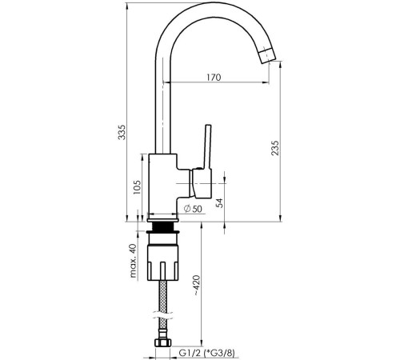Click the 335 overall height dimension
[x=122, y=132]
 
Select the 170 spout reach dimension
[x=214, y=78]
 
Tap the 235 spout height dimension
[x=275, y=148]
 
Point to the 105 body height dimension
[x=137, y=187]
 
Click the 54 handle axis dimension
[x=220, y=203]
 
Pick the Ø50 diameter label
[x=193, y=209]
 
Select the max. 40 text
[x=133, y=261]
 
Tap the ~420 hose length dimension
[x=196, y=286]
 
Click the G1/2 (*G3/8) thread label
[x=207, y=354]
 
